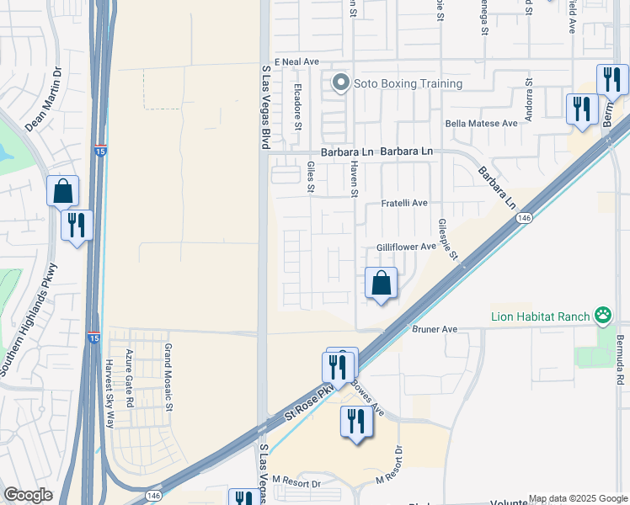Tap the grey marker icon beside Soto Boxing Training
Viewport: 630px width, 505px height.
(x=340, y=82)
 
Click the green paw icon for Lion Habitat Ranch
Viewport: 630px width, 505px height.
(x=603, y=316)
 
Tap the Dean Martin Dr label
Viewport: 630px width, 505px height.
(x=45, y=100)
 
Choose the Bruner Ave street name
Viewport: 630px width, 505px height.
(x=435, y=328)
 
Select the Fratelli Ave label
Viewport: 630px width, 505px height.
(x=404, y=204)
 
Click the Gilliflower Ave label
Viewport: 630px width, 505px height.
(x=405, y=247)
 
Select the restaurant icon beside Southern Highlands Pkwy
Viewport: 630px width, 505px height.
(x=76, y=225)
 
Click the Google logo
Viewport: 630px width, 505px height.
(x=28, y=495)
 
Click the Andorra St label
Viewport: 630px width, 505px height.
(x=529, y=100)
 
